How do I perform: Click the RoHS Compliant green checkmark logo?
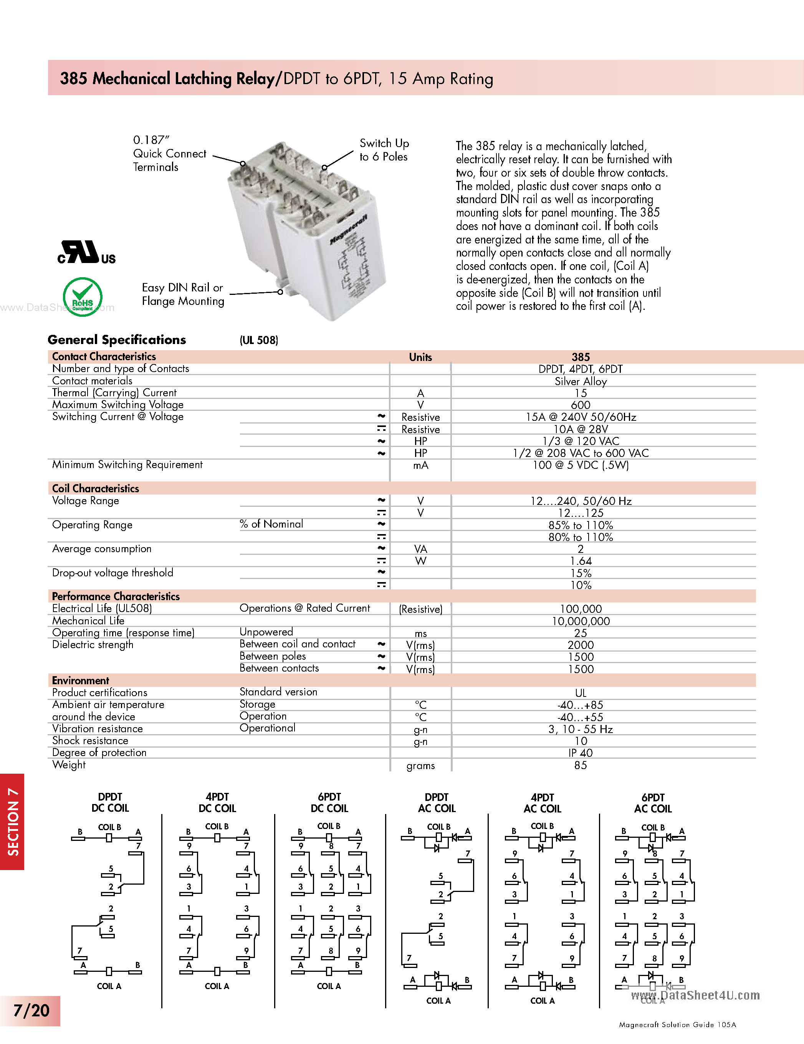[83, 296]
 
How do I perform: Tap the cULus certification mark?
[86, 253]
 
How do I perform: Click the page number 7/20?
[31, 1010]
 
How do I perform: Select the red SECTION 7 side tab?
[12, 822]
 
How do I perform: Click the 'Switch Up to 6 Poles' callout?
[384, 150]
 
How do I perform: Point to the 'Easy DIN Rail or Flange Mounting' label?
[183, 294]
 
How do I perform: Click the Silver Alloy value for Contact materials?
[580, 381]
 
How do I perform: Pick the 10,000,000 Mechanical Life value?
[580, 621]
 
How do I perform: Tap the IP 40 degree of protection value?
[580, 753]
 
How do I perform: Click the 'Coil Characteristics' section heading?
[96, 488]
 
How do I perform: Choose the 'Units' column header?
[420, 357]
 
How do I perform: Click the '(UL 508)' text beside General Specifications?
[259, 340]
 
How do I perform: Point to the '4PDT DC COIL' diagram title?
[217, 802]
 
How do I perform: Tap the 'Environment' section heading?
[80, 680]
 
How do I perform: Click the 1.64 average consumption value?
[580, 561]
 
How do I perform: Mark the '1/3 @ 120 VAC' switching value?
[580, 441]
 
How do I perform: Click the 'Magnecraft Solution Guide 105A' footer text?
[677, 1024]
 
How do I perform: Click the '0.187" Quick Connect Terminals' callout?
[169, 154]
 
